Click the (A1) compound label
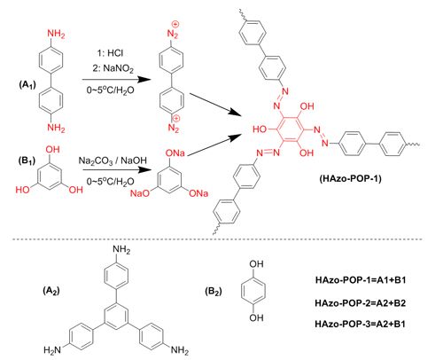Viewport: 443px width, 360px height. tap(27, 85)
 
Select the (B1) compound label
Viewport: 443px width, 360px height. tap(27, 160)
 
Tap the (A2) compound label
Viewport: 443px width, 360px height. tap(51, 291)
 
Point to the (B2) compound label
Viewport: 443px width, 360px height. tap(214, 292)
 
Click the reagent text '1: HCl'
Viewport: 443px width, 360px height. tap(110, 53)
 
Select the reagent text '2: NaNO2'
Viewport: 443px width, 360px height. tap(113, 69)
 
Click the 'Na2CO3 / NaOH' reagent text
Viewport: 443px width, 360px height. tap(113, 160)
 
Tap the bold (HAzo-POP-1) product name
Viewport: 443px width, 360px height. tap(350, 178)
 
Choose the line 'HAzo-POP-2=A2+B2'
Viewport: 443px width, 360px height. tap(361, 303)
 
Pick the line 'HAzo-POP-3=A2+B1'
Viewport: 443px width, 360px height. tap(360, 324)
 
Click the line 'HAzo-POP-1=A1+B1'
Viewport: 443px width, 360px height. tap(361, 280)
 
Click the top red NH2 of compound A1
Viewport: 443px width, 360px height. tap(56, 35)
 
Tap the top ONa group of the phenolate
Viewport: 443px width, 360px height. tap(175, 153)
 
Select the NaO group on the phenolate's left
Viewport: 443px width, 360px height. tap(140, 193)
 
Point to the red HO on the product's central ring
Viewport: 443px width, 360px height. tap(260, 129)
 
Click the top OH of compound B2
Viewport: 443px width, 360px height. tap(256, 264)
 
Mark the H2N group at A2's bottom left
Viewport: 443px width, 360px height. tap(52, 350)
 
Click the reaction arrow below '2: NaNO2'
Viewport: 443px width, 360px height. tap(115, 80)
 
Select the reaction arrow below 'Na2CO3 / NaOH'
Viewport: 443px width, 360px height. tap(115, 170)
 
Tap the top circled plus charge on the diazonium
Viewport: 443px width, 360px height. tap(175, 24)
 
